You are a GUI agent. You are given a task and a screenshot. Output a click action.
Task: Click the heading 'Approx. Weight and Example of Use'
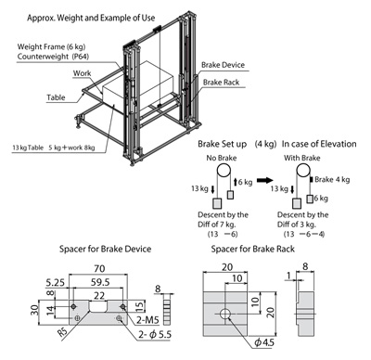click(91, 18)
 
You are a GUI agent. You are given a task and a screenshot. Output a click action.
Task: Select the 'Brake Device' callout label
click(223, 65)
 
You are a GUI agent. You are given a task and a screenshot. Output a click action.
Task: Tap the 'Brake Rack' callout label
click(221, 83)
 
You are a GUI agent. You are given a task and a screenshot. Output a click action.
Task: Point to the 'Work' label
click(82, 73)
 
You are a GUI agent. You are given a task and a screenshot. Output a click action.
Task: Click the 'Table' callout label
click(56, 97)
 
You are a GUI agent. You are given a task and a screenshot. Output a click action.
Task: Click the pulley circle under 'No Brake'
click(224, 171)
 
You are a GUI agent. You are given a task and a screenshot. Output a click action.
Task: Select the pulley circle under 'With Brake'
click(303, 171)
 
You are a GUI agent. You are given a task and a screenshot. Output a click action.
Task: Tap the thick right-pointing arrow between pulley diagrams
click(265, 180)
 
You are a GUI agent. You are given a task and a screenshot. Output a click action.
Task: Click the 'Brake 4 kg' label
click(332, 180)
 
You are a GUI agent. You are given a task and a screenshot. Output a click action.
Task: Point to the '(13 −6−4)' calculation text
click(304, 234)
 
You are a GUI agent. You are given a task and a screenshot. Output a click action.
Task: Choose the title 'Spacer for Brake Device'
click(105, 249)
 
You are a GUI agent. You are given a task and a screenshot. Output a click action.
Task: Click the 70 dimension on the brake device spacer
click(99, 268)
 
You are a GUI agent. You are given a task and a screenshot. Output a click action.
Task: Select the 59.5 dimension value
click(100, 282)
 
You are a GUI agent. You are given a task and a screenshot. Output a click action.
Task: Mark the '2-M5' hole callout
click(147, 320)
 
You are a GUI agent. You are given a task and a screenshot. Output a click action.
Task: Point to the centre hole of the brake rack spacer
click(225, 314)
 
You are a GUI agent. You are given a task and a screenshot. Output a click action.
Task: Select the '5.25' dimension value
click(56, 282)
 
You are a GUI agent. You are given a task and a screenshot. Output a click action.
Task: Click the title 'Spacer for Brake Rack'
click(252, 249)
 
